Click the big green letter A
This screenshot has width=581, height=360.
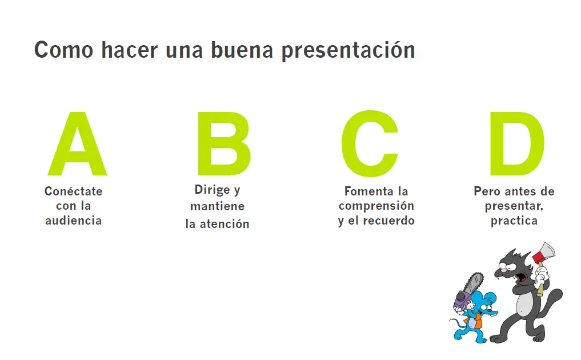[x=77, y=146]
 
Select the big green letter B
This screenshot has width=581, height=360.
[x=223, y=145]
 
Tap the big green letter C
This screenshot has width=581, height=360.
[x=370, y=144]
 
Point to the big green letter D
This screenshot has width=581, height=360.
[x=515, y=145]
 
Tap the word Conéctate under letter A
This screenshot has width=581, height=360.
[x=73, y=191]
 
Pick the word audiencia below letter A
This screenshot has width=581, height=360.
[x=73, y=221]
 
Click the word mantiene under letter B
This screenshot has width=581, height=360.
[x=217, y=206]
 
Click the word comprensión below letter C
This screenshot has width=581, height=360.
[x=376, y=206]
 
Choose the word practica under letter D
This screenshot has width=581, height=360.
[x=514, y=221]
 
